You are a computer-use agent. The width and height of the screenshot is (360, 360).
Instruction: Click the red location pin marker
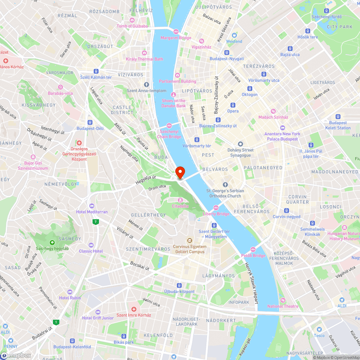pyautogui.click(x=180, y=172)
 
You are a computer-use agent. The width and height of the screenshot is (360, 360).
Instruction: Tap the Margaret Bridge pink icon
pyautogui.click(x=176, y=32)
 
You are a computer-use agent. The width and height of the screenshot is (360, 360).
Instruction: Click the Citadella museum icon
pyautogui.click(x=180, y=200)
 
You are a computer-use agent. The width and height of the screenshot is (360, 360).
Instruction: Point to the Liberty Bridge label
pyautogui.click(x=216, y=214)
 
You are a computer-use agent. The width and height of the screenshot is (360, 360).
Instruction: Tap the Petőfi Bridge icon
pyautogui.click(x=253, y=249)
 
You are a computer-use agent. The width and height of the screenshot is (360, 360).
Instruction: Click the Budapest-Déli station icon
pyautogui.click(x=90, y=122)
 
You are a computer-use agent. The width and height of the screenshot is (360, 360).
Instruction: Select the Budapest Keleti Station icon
pyautogui.click(x=338, y=117)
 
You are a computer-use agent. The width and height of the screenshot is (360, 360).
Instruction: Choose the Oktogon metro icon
pyautogui.click(x=249, y=89)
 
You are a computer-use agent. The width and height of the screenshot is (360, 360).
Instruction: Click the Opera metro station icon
pyautogui.click(x=233, y=105)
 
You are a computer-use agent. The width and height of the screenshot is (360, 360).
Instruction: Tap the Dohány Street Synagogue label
pyautogui.click(x=240, y=153)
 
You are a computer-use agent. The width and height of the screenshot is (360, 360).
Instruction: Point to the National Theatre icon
pyautogui.click(x=283, y=300)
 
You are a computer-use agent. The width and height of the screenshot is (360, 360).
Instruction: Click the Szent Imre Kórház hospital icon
pyautogui.click(x=134, y=309)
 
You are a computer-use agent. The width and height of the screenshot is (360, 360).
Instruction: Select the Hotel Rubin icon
pyautogui.click(x=70, y=292)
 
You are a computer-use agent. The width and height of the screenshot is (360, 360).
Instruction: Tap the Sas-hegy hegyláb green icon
pyautogui.click(x=52, y=243)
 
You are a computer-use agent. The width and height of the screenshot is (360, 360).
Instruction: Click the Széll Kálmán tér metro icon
pyautogui.click(x=96, y=71)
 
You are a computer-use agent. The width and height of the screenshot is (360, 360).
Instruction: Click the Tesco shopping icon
pyautogui.click(x=319, y=329)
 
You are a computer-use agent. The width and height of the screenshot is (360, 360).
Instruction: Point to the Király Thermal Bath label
pyautogui.click(x=144, y=59)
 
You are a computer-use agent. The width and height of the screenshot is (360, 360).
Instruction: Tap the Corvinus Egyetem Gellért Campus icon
pyautogui.click(x=189, y=240)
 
